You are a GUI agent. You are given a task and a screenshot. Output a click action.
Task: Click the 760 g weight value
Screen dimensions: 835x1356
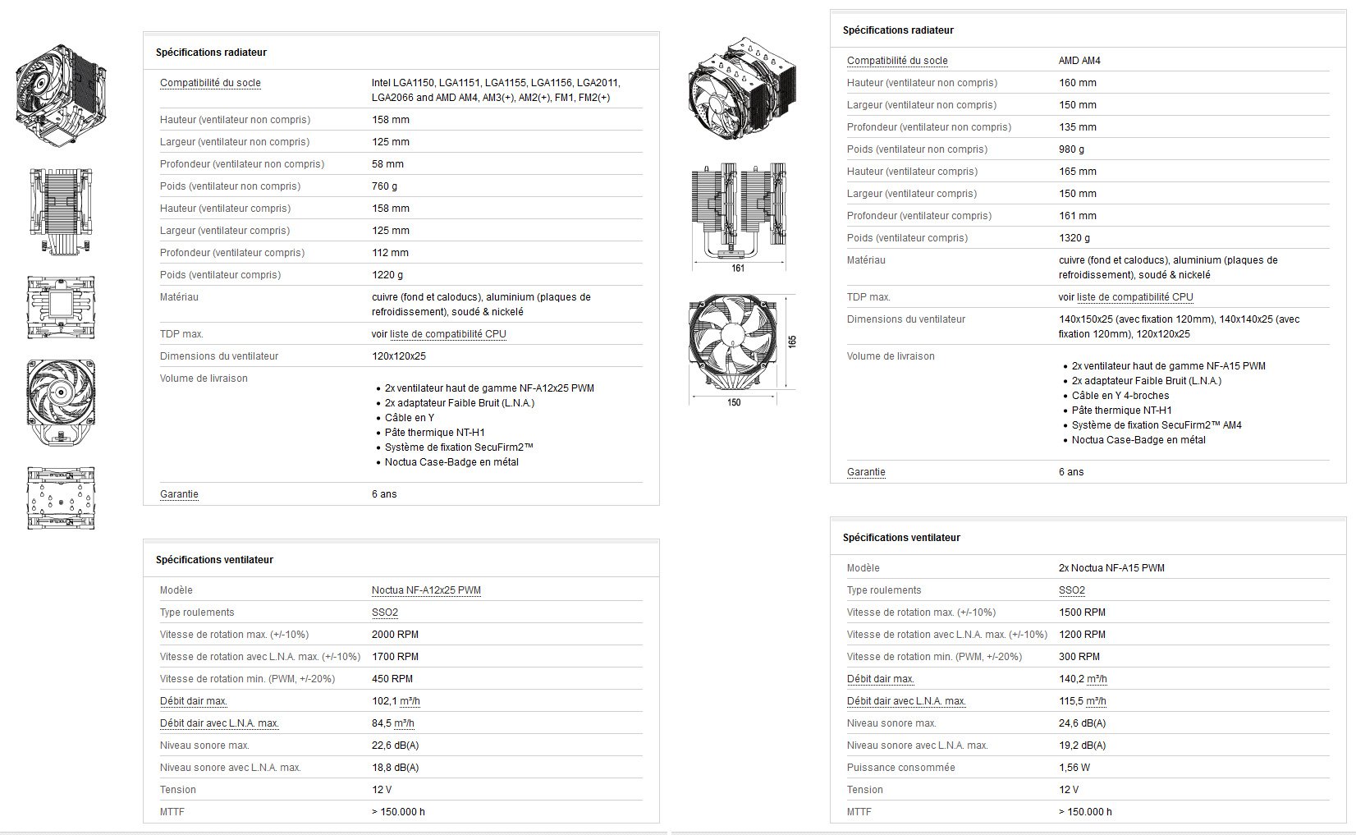[384, 186]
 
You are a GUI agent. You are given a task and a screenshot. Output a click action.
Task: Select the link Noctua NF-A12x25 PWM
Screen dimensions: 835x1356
[426, 590]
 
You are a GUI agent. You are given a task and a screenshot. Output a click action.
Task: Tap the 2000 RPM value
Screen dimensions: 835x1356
[395, 635]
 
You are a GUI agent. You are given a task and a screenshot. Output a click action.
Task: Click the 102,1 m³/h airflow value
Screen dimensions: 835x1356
[396, 701]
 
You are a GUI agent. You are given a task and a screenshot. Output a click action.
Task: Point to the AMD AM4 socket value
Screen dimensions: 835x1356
[1079, 61]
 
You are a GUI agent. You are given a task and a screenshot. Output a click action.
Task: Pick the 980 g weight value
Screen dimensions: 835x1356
[1071, 149]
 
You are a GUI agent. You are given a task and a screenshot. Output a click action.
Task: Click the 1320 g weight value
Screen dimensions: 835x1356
[1074, 238]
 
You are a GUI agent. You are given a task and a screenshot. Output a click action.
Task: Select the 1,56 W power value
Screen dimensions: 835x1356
[1074, 768]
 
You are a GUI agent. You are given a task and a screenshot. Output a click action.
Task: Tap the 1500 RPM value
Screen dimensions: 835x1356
[1082, 612]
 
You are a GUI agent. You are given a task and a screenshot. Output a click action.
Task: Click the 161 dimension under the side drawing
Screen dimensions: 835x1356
[738, 268]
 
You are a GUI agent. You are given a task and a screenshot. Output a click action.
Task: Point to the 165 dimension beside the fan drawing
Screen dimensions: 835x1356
[792, 342]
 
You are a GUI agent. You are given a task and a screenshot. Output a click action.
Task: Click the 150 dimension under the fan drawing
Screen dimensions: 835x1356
[734, 402]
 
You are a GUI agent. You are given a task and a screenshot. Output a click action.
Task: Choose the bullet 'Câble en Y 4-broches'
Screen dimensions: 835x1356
[1120, 396]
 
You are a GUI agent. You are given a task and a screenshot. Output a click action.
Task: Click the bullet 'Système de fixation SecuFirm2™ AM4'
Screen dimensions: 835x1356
[1157, 425]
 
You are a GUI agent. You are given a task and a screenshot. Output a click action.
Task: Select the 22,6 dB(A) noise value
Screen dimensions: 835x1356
[395, 746]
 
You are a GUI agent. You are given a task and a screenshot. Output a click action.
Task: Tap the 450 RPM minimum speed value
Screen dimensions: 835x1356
[392, 679]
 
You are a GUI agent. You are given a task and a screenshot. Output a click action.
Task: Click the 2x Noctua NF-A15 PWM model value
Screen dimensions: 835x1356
[1111, 568]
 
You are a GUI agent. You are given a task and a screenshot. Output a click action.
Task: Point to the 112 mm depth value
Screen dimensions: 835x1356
[390, 253]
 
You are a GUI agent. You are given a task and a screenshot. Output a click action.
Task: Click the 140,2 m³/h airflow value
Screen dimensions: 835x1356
[1083, 679]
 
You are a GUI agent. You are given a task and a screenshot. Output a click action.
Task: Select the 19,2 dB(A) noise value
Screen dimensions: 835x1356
[1082, 746]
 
